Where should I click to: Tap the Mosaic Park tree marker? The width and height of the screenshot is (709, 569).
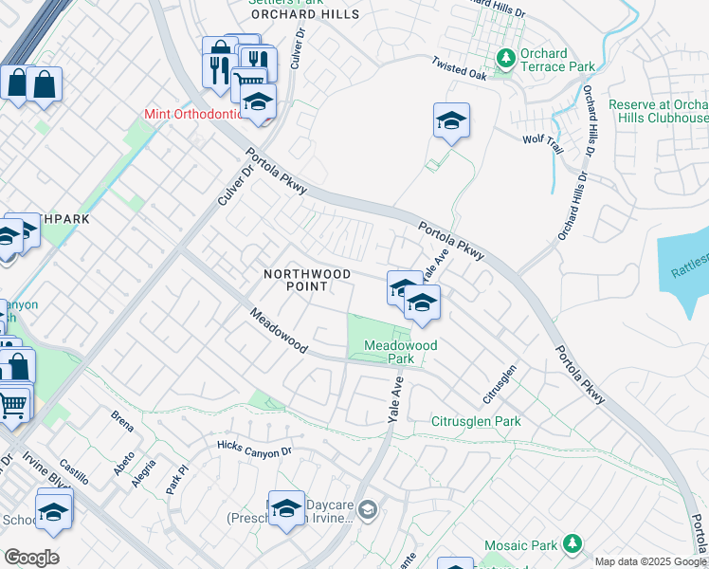coord(572,543)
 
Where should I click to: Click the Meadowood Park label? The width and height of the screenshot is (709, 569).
coord(401,352)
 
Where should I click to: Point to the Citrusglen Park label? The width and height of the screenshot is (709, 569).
coord(476,421)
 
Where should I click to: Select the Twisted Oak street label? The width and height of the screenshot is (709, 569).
coord(459,68)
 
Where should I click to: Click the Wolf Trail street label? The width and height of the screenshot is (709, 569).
coord(544,139)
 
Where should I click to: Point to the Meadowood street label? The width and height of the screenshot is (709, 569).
coord(279,331)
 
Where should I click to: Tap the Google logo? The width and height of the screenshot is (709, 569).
coord(31,557)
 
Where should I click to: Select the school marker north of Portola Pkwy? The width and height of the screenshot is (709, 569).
coord(452,120)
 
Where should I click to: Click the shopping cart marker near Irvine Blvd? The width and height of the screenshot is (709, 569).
coord(12,405)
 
